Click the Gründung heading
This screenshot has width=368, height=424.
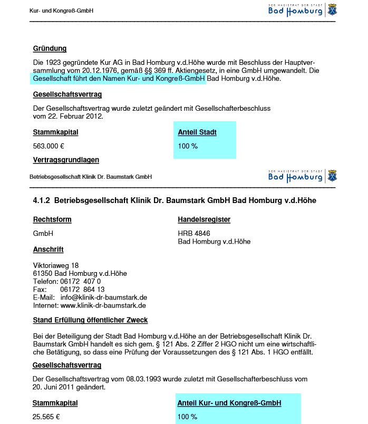click(50, 49)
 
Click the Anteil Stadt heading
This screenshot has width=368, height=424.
click(197, 132)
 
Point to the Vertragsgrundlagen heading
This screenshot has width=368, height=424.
click(66, 159)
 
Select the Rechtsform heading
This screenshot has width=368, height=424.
click(52, 219)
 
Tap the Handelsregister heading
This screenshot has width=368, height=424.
click(204, 219)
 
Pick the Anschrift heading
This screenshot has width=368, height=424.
click(49, 249)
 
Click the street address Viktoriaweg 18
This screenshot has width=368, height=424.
click(56, 265)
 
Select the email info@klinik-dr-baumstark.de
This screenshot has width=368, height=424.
click(103, 297)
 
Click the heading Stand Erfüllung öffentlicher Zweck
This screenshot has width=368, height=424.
click(90, 320)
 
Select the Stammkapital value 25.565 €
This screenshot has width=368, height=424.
click(46, 417)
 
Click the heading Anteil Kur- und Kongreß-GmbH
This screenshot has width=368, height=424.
click(229, 403)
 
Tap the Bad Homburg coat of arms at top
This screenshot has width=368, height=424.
click(332, 9)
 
